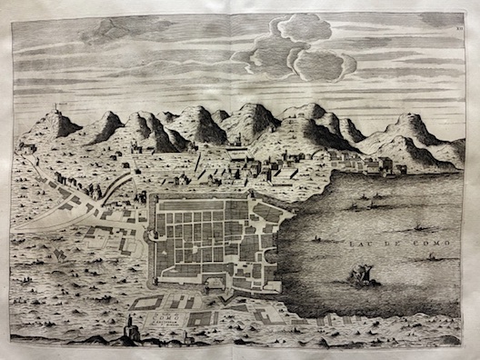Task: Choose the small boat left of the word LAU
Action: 318,238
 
